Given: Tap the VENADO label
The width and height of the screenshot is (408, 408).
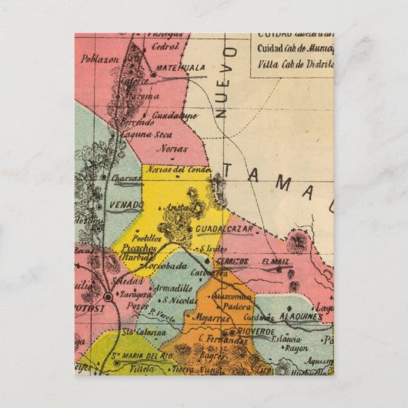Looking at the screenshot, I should click(x=127, y=204).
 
